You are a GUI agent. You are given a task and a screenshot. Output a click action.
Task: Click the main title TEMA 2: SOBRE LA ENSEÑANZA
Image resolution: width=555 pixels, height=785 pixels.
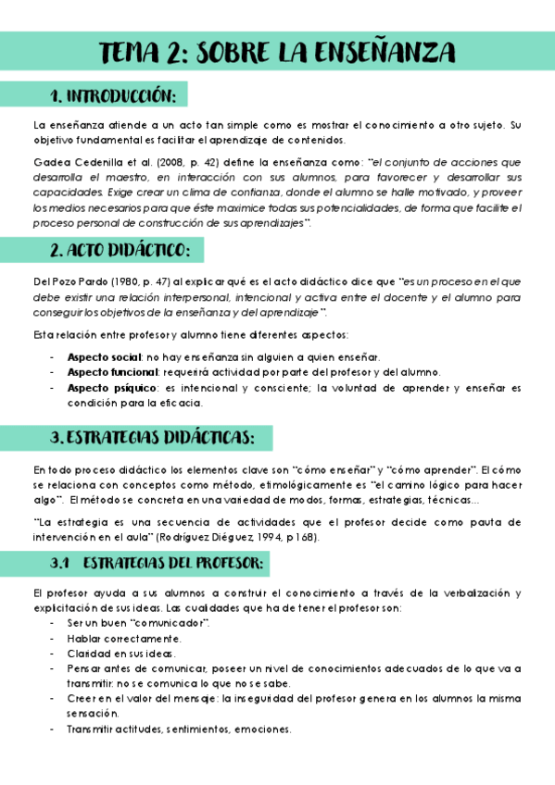click(x=277, y=50)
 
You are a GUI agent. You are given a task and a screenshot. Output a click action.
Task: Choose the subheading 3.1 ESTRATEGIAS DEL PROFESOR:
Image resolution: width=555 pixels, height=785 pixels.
click(x=157, y=563)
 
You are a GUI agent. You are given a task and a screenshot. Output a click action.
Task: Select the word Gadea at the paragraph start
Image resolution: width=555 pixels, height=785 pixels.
click(x=47, y=162)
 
